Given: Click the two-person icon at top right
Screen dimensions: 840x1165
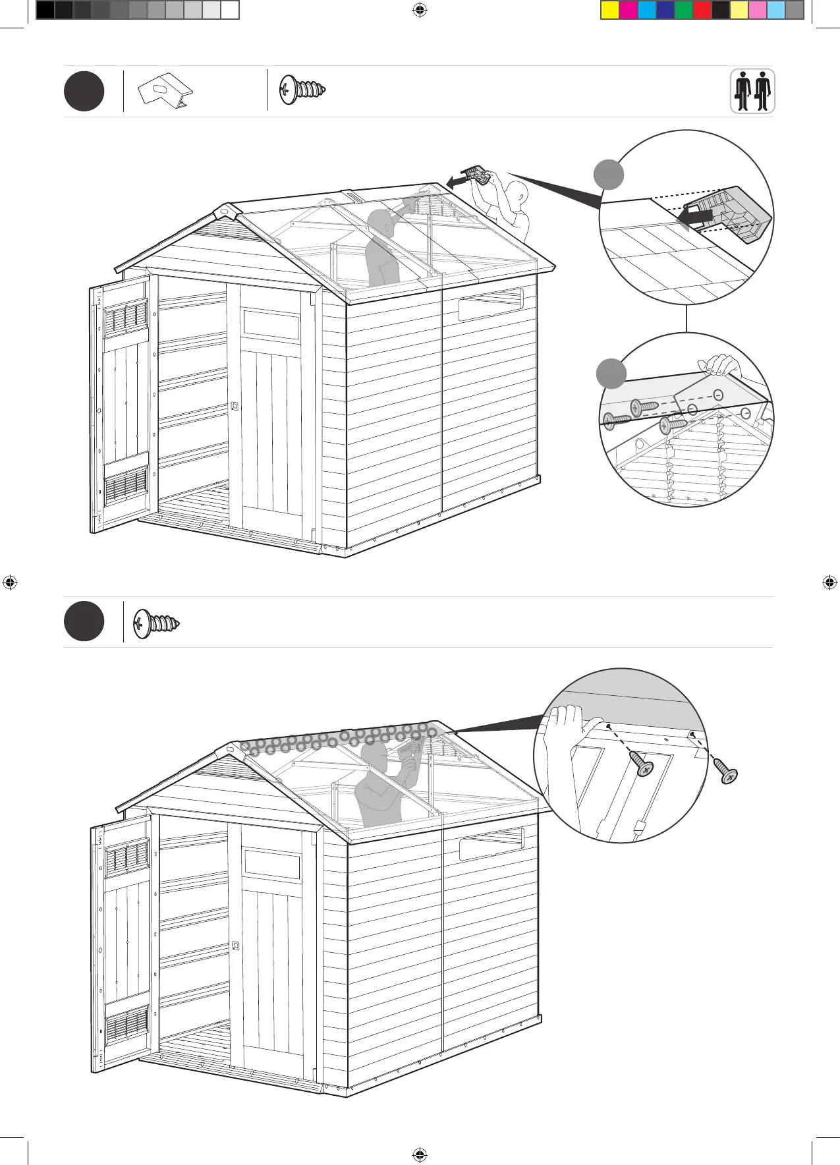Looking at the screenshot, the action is tap(752, 91).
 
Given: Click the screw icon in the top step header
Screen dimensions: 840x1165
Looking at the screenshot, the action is tap(302, 90).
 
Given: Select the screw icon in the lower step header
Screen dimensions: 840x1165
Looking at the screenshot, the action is tap(156, 623).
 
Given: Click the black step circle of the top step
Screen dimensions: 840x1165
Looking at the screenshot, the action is tap(84, 91).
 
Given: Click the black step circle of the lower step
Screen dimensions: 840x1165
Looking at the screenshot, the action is tap(84, 622).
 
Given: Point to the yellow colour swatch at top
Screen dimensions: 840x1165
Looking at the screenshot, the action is tap(609, 10).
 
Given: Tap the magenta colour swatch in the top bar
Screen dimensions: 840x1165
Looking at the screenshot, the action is tap(628, 10).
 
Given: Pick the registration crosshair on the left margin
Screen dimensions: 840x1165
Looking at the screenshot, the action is tap(9, 582).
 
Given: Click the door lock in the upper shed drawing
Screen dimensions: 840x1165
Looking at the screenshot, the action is tap(235, 407).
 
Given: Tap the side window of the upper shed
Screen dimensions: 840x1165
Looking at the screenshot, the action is tap(490, 304).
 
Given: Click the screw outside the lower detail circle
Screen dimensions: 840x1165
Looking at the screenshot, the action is tap(727, 774).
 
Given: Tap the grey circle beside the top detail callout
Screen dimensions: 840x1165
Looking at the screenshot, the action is tap(609, 174).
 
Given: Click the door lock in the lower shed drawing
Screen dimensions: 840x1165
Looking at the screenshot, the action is tap(236, 946).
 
